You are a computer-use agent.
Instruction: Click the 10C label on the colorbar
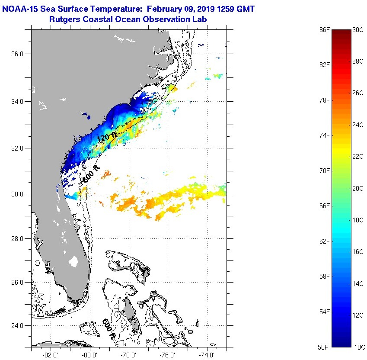pyautogui.click(x=358, y=347)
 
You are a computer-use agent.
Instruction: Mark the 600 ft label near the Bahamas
pyautogui.click(x=109, y=328)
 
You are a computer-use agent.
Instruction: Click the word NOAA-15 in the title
pyautogui.click(x=20, y=8)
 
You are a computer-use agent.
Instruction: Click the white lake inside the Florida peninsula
pyautogui.click(x=73, y=262)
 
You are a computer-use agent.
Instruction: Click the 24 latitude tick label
pyautogui.click(x=19, y=326)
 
